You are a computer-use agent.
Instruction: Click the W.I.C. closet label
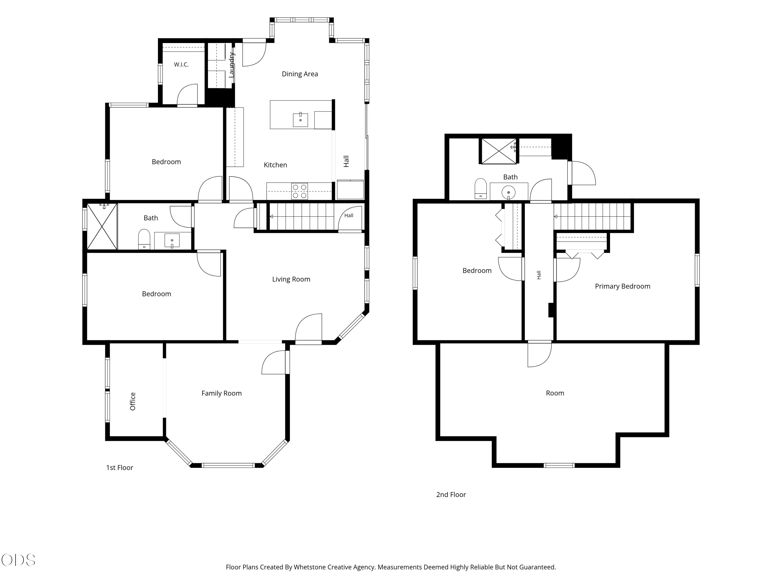coord(181,64)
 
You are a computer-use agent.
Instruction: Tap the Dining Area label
coord(300,74)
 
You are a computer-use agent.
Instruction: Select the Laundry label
coord(231,65)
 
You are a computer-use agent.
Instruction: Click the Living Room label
coord(291,279)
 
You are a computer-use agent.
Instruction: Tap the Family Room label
coord(222,393)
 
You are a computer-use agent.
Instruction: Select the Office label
coord(133,401)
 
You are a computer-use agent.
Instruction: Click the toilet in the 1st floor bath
coord(144,239)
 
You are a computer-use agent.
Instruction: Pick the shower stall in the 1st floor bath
coord(102,227)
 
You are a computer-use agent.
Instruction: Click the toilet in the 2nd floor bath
coord(480,189)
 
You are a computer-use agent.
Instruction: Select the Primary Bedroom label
coord(622,286)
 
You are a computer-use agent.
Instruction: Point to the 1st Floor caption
coord(119,468)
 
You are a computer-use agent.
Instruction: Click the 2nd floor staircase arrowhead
coord(555,217)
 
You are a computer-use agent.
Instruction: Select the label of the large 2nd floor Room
coord(555,393)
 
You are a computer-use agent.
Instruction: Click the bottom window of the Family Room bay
coord(228,465)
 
